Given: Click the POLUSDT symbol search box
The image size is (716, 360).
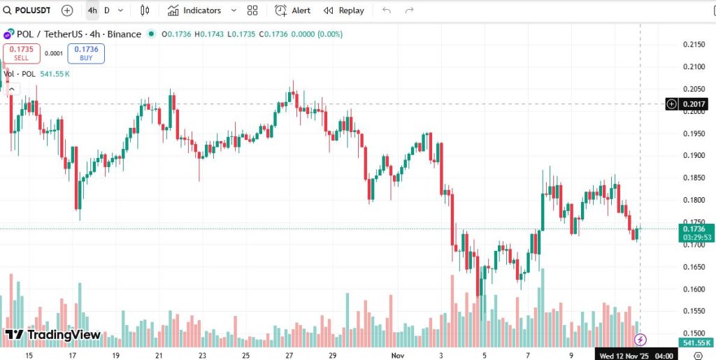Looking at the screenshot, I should pos(31,10).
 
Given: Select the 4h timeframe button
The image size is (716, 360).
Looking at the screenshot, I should pos(92,10).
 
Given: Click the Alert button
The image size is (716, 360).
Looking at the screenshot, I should pos(293,10).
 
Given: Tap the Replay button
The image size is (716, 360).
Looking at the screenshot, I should pos(344,10).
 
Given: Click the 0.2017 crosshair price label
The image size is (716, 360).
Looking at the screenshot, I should pos(694,104).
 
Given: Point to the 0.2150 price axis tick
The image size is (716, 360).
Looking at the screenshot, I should pos(693,44).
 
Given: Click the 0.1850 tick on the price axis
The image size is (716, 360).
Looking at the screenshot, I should pos(693,178).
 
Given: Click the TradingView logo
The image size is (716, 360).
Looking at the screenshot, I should pos(53,335).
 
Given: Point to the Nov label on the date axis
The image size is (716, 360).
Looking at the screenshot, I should pos(397,356).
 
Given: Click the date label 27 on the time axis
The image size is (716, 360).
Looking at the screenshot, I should pos(289,356).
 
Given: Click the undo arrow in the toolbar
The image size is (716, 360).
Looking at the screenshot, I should pos(387,10).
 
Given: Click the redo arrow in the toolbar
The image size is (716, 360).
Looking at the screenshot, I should pos(410,10).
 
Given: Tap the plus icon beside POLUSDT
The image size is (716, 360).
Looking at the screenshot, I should pos(67,10).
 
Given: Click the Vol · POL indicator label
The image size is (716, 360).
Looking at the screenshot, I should pos(20,73).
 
